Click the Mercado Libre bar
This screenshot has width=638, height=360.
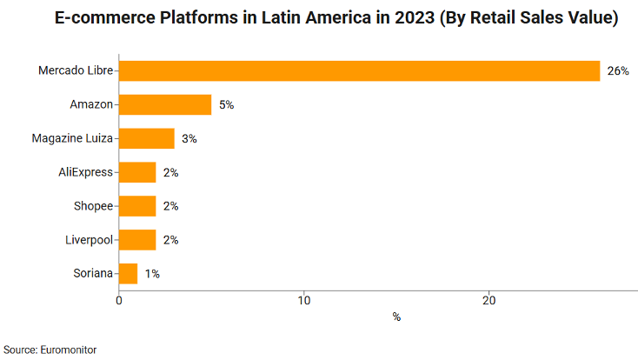pyautogui.click(x=359, y=70)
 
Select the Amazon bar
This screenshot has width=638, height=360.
pyautogui.click(x=165, y=104)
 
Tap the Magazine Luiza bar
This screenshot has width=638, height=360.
pyautogui.click(x=147, y=138)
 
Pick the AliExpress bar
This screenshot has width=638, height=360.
pyautogui.click(x=137, y=172)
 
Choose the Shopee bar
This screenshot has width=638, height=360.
pyautogui.click(x=137, y=206)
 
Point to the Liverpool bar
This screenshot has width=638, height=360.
pyautogui.click(x=137, y=240)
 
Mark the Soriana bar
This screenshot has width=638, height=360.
pyautogui.click(x=128, y=274)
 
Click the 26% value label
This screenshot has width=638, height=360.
pyautogui.click(x=618, y=71)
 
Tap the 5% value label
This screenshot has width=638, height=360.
pyautogui.click(x=227, y=105)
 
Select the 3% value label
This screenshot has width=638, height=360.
pyautogui.click(x=189, y=139)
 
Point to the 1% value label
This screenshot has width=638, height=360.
pyautogui.click(x=152, y=274)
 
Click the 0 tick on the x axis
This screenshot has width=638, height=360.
pyautogui.click(x=119, y=301)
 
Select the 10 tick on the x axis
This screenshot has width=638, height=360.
pyautogui.click(x=304, y=301)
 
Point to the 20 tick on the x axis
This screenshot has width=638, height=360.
pyautogui.click(x=489, y=301)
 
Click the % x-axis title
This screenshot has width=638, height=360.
pyautogui.click(x=396, y=317)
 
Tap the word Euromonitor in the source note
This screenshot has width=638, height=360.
pyautogui.click(x=68, y=350)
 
